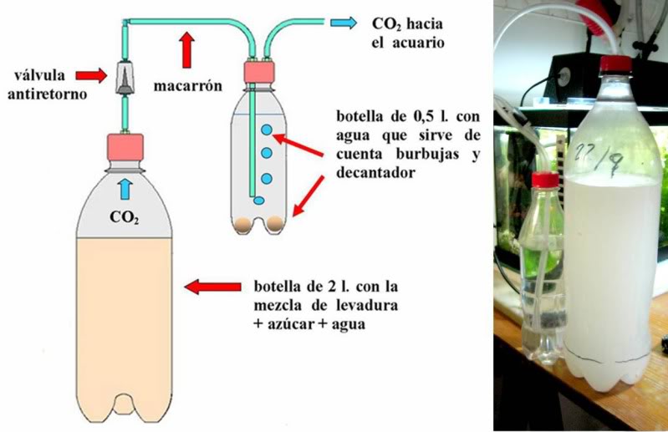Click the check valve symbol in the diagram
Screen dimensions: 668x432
coord(125,79)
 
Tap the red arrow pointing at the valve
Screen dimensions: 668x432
coord(91,75)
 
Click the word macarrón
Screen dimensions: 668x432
coord(188,86)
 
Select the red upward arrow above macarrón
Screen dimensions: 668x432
coord(186,50)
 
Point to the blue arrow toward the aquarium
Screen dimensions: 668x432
coord(344,23)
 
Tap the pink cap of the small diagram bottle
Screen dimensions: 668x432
coord(258,73)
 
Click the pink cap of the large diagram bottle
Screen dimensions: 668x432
coord(125,147)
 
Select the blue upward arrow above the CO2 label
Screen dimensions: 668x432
coord(125,189)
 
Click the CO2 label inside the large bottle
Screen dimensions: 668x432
coord(124,217)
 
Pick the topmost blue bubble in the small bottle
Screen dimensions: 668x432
coord(267,130)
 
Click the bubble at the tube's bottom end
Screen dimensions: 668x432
coord(258,201)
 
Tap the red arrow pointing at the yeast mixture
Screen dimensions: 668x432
coord(213,287)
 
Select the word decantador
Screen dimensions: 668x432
coord(375,173)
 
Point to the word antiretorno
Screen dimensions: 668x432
coord(48,94)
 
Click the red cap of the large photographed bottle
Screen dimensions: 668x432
coord(615,64)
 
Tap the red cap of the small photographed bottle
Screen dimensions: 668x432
coord(545,180)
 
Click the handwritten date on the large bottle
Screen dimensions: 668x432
coord(600,156)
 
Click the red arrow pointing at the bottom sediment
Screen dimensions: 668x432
coord(309,196)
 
